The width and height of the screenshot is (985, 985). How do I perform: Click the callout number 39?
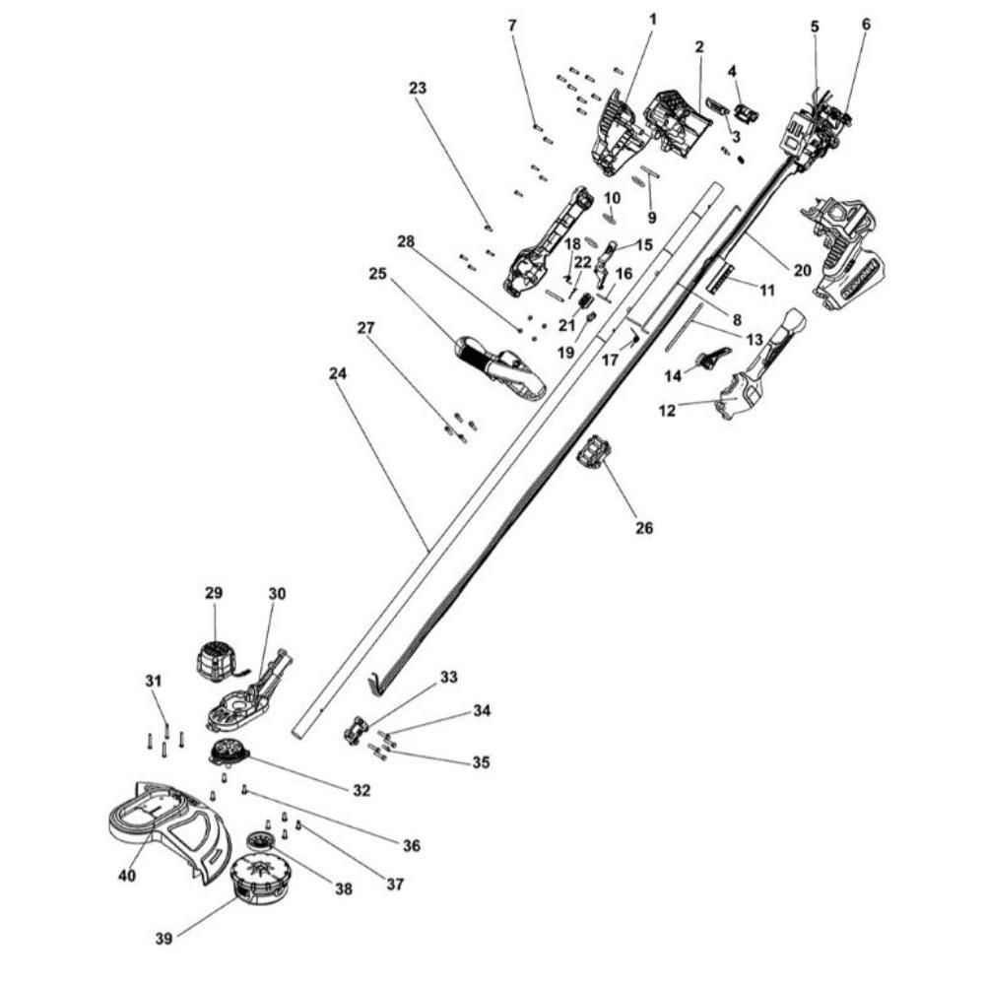point(164,939)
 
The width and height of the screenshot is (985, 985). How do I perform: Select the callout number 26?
point(643,528)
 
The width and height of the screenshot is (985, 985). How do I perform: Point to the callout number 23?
point(417,88)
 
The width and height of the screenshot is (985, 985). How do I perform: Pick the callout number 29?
point(214,593)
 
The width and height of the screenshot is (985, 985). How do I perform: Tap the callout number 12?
point(668,410)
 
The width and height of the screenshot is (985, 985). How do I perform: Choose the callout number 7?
point(511,23)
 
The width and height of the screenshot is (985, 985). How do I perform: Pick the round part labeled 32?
point(229,753)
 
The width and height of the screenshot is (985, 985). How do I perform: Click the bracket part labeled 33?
point(356,731)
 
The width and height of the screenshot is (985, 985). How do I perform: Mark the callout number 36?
point(412,845)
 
